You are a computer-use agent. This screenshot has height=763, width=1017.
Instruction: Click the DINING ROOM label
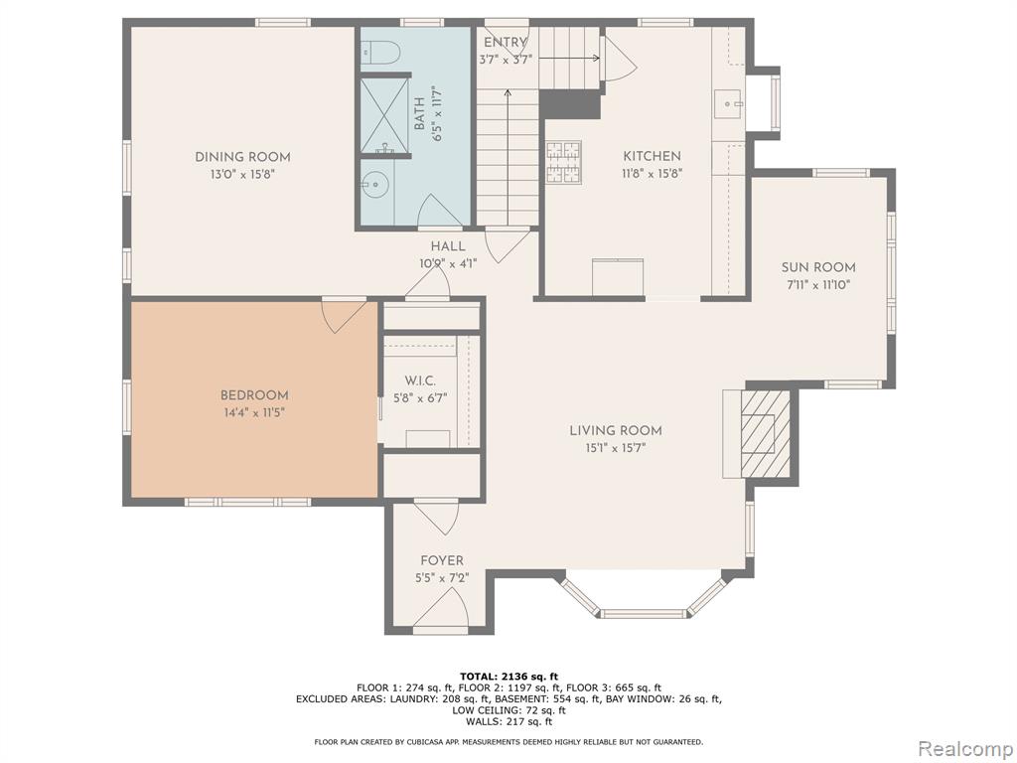242,157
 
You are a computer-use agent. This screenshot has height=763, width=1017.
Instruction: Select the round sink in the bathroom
374,185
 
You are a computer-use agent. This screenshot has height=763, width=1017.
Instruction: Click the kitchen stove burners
563,162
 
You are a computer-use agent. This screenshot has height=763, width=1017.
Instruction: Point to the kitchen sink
729,104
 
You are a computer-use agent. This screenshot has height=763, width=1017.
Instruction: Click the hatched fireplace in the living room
766,432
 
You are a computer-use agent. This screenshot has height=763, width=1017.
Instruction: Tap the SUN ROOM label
818,267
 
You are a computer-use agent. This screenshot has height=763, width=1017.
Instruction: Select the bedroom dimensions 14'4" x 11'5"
253,412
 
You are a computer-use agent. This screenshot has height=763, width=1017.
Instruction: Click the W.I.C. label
420,381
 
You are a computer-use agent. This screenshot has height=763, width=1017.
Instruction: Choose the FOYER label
442,560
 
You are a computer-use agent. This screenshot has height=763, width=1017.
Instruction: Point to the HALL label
448,246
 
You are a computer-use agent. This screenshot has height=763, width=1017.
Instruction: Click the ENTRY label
506,42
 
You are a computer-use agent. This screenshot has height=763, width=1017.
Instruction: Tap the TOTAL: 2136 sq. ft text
508,677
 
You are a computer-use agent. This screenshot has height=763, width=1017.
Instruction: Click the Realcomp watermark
964,749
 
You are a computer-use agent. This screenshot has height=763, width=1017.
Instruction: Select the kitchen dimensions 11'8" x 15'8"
653,174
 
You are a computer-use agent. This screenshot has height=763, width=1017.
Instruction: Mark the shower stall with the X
384,115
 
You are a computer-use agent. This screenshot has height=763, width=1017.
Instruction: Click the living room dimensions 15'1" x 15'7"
616,448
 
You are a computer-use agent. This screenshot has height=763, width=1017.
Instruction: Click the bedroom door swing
343,316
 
